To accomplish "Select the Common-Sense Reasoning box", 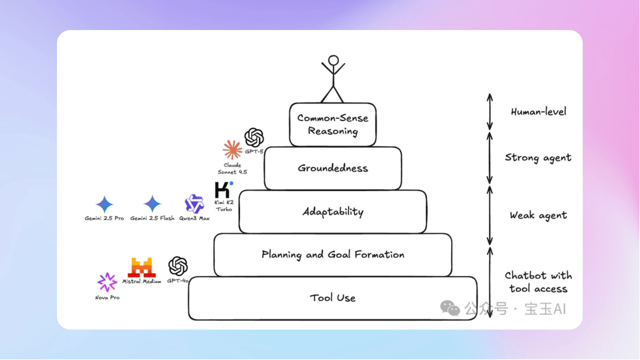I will (332, 124).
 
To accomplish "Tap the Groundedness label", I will (332, 168).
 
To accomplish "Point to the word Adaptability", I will (332, 211).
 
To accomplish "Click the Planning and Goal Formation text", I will (332, 254).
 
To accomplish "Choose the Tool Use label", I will (332, 298).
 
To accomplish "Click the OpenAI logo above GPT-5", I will (254, 137).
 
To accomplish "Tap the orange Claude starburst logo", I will (232, 150).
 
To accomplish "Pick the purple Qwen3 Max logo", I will (194, 204).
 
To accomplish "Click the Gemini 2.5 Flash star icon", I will (152, 204).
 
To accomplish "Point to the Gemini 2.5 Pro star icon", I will (104, 204).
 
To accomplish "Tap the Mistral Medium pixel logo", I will (141, 267).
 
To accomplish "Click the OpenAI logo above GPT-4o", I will (178, 266).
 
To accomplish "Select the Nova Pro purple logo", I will (107, 282).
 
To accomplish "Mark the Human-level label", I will (538, 111).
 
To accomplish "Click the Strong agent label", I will (537, 157).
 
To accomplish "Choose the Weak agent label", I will (538, 215).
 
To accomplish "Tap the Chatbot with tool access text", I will (538, 282).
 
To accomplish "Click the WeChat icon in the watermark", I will (449, 308).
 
